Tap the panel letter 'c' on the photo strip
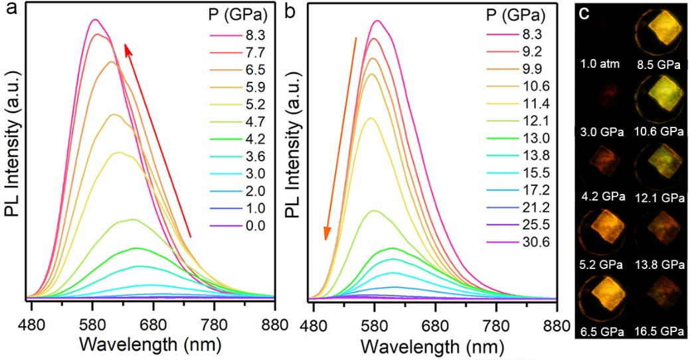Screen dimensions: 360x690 (x=587, y=13)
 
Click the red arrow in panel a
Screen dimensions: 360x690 (x=157, y=139)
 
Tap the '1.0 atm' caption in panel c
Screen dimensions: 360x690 (x=600, y=64)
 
